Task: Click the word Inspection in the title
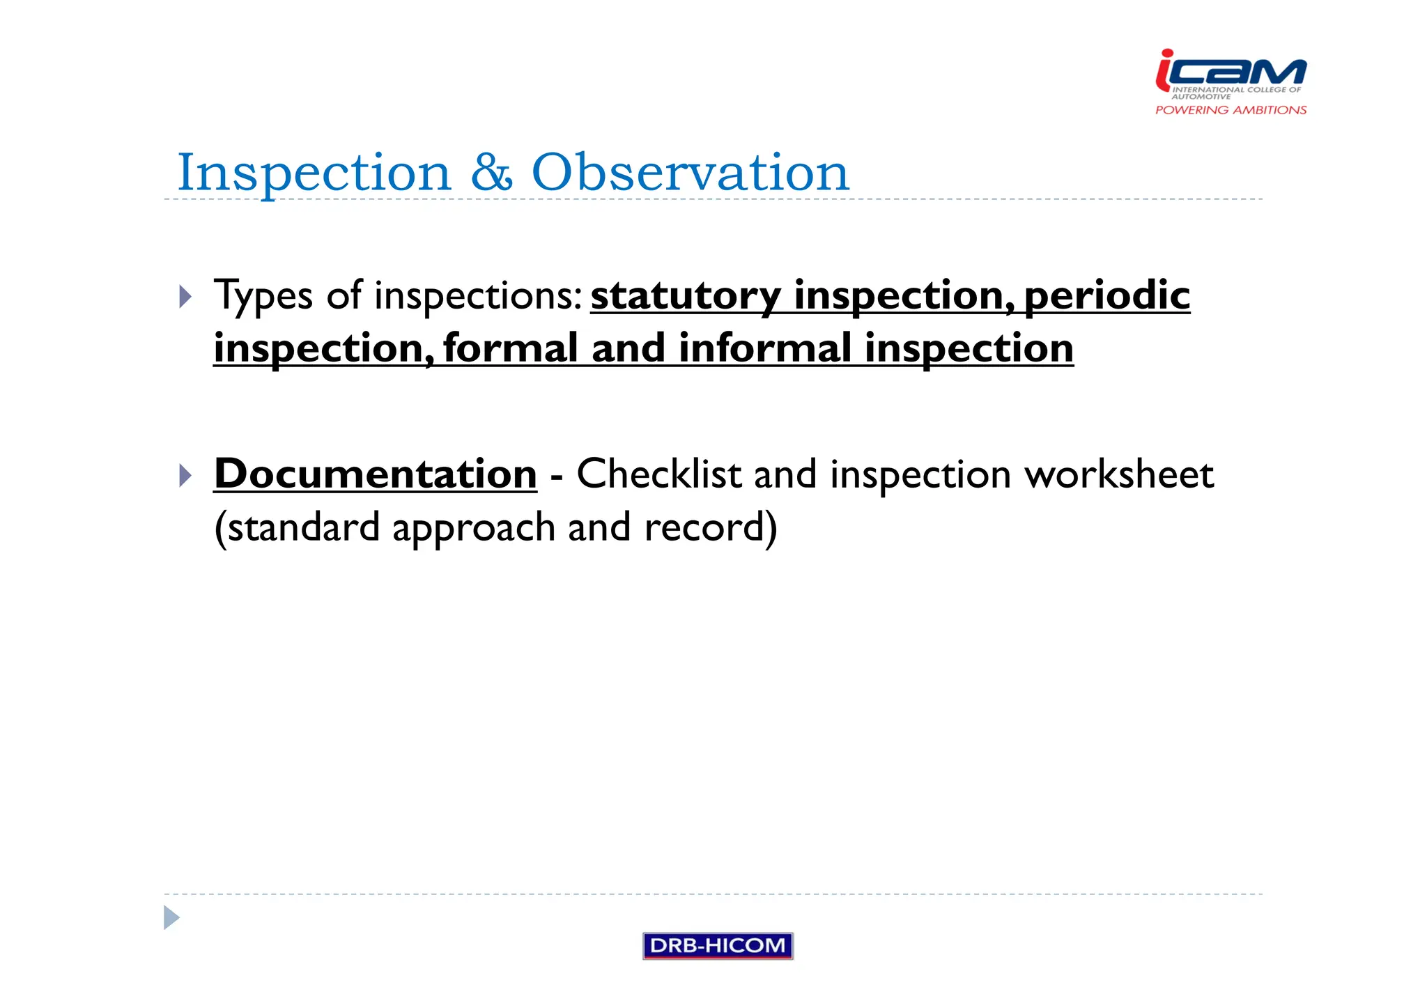pyautogui.click(x=314, y=173)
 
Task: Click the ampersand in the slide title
pyautogui.click(x=491, y=173)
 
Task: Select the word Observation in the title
pyautogui.click(x=690, y=173)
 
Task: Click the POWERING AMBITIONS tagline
pyautogui.click(x=1231, y=110)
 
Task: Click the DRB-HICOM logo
pyautogui.click(x=718, y=945)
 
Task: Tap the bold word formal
pyautogui.click(x=511, y=348)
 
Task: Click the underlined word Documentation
pyautogui.click(x=376, y=474)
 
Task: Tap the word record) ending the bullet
pyautogui.click(x=710, y=528)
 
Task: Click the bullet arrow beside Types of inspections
pyautogui.click(x=185, y=297)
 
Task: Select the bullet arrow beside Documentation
pyautogui.click(x=185, y=476)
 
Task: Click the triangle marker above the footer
pyautogui.click(x=171, y=917)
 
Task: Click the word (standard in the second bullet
pyautogui.click(x=297, y=528)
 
